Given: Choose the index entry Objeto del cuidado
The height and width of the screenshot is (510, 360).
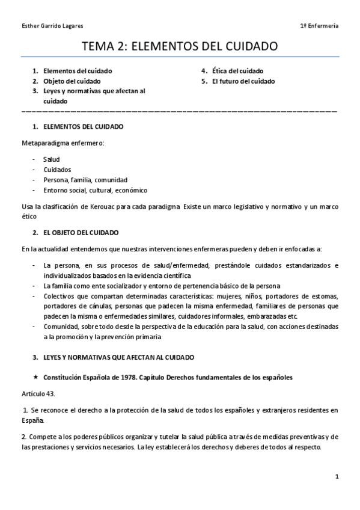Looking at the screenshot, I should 72,81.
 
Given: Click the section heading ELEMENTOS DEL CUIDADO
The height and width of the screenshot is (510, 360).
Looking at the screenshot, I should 83,127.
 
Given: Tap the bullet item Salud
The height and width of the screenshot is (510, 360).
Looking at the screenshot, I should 52,159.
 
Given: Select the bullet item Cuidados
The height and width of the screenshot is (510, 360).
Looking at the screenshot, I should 57,170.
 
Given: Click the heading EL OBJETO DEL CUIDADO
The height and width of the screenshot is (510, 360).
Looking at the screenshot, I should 81,232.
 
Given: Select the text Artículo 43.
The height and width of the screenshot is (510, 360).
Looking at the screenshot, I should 37,394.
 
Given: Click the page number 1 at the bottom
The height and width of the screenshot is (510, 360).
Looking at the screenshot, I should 337,476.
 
